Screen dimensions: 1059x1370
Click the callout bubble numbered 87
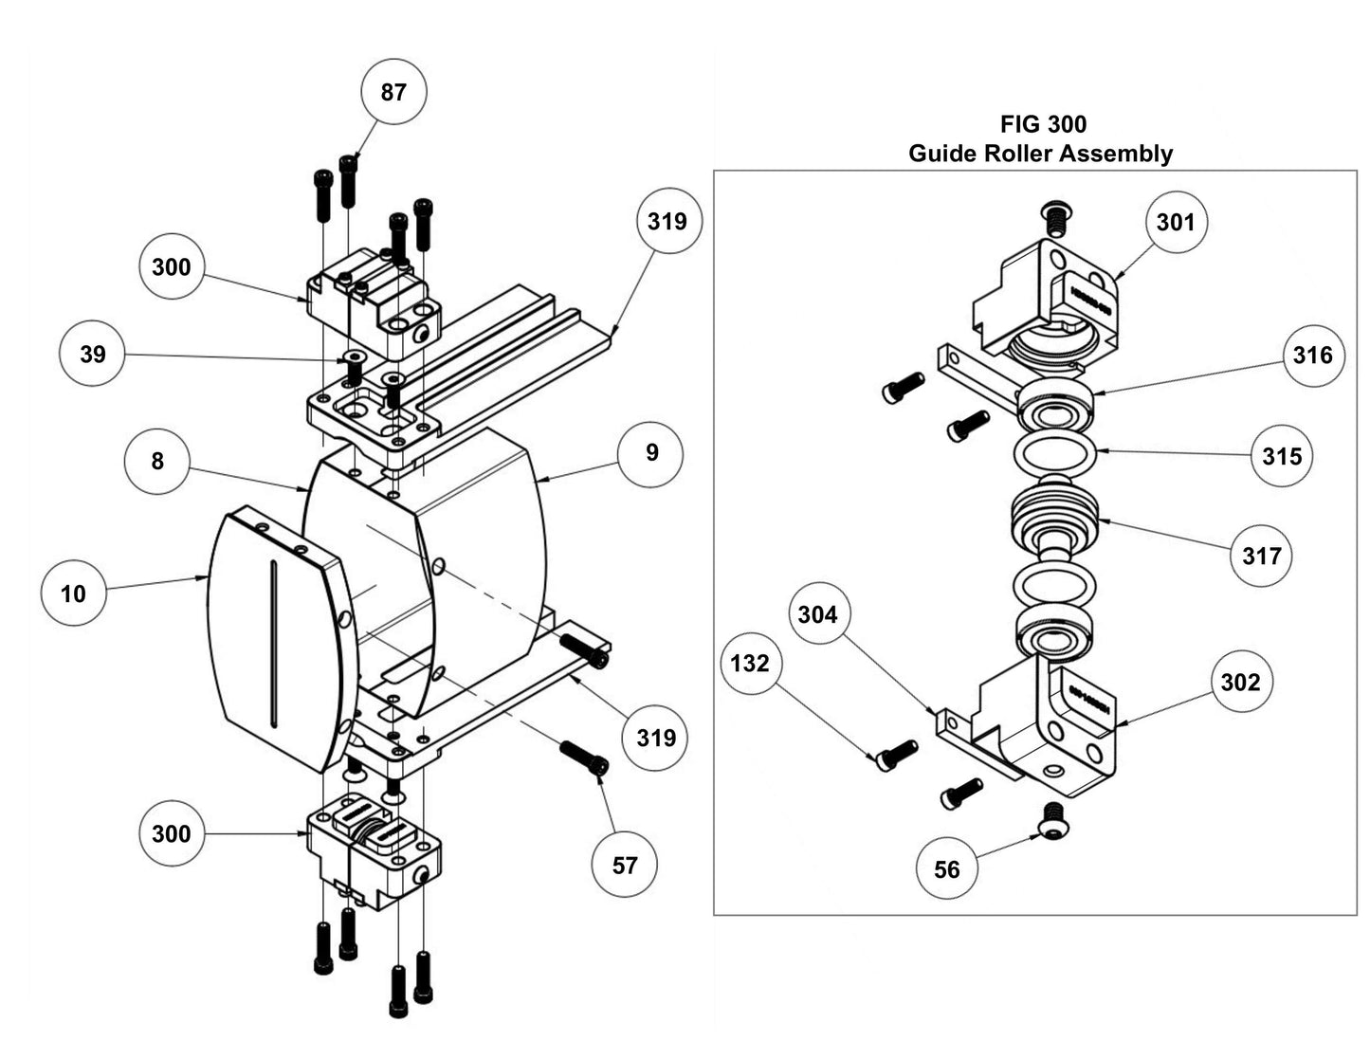coord(393,92)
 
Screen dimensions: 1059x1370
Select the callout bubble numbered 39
coord(92,355)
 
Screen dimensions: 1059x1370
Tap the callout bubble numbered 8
coord(157,461)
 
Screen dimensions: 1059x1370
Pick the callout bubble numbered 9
coord(651,452)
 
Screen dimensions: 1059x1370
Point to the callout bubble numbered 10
coord(73,593)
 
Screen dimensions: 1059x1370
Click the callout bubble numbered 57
coord(625,865)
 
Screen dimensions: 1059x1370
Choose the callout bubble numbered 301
coord(1176,222)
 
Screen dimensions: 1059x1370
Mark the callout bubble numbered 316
coord(1312,355)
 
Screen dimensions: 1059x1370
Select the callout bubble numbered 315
coord(1282,456)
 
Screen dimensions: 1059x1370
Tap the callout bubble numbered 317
coord(1262,556)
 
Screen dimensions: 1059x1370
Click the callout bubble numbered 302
coord(1240,682)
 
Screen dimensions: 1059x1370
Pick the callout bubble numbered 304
coord(817,615)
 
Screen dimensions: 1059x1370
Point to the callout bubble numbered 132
coord(750,663)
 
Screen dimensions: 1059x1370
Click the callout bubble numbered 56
coord(947,869)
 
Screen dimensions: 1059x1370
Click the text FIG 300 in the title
coord(1043,124)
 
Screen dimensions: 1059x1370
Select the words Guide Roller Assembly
coord(1040,154)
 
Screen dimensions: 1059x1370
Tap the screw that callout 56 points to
coord(1051,820)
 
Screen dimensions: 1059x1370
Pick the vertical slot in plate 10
coord(274,645)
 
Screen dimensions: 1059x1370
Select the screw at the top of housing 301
coord(1053,217)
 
